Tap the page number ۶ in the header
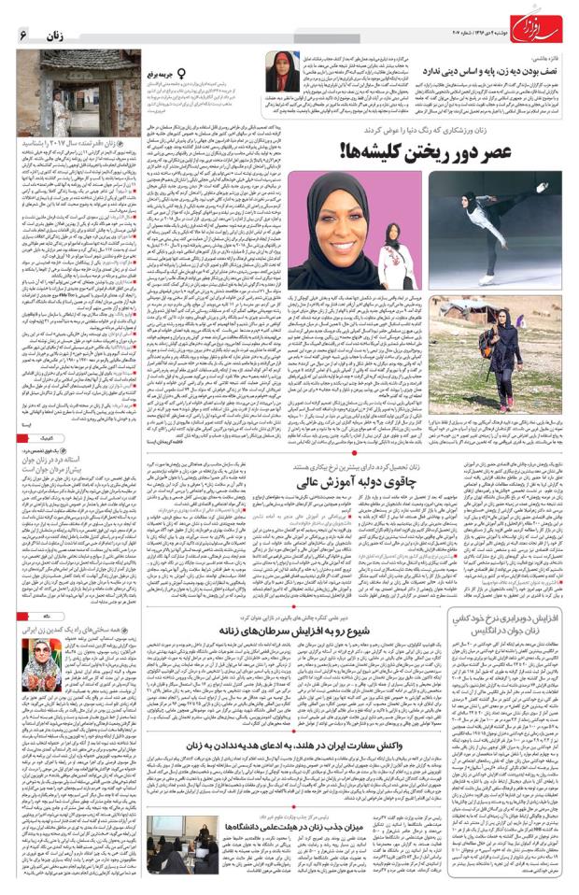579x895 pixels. click(x=22, y=32)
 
